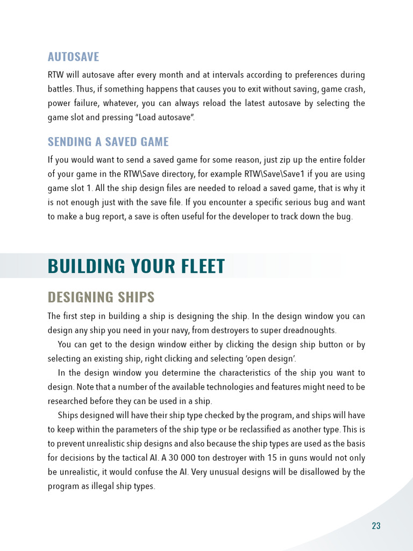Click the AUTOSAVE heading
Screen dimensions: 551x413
73,56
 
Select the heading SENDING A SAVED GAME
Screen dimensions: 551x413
108,142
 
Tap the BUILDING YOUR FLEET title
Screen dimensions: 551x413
136,266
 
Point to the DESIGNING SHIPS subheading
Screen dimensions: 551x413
101,297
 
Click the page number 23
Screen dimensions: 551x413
376,526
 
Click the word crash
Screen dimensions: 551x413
354,89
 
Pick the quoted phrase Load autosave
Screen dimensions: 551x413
166,117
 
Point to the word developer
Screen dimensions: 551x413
255,217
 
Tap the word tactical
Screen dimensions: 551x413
134,458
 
